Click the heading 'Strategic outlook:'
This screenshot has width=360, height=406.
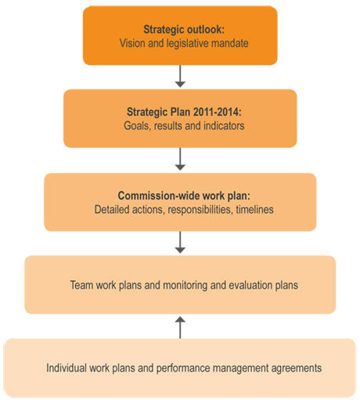(184, 30)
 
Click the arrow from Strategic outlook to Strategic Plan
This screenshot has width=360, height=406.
(180, 76)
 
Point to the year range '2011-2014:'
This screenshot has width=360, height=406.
(218, 112)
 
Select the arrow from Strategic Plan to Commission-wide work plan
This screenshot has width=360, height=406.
(180, 160)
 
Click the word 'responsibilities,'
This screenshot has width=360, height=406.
(200, 210)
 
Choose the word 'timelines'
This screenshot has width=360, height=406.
(255, 210)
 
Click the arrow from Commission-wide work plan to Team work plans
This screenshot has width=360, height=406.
(180, 243)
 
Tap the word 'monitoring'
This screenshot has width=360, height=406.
(185, 286)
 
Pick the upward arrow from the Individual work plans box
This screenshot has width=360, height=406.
(180, 328)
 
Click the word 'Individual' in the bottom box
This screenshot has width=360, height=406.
(67, 368)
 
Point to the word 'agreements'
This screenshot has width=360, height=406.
(297, 368)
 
